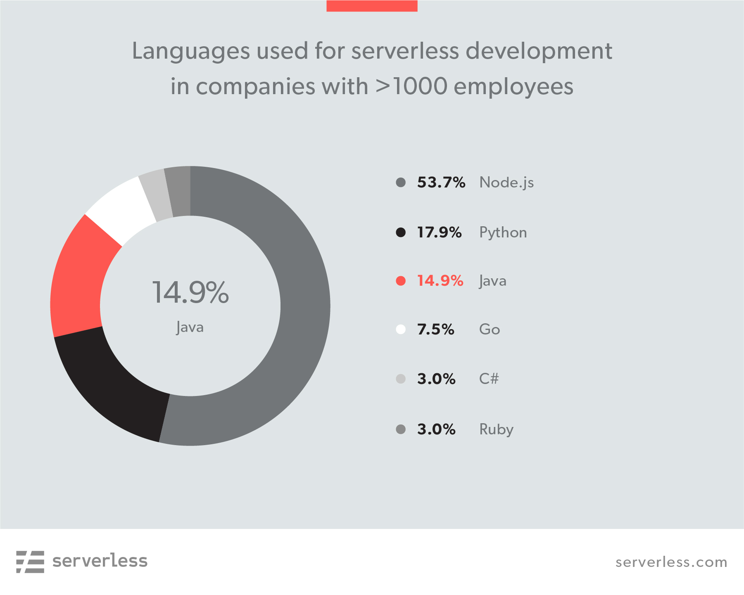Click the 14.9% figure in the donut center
click(x=190, y=292)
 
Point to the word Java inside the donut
click(x=190, y=327)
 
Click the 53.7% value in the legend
click(x=441, y=183)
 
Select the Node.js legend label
click(x=506, y=183)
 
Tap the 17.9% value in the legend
click(x=439, y=232)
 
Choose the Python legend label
click(x=503, y=233)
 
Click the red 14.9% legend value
click(x=440, y=281)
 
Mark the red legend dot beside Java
click(x=401, y=281)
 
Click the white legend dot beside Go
click(x=401, y=329)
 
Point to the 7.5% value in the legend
click(x=435, y=330)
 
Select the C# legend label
click(x=489, y=379)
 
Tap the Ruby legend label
click(x=496, y=429)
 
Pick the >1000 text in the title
click(x=411, y=86)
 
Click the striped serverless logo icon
click(x=30, y=562)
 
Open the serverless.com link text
click(x=671, y=562)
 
